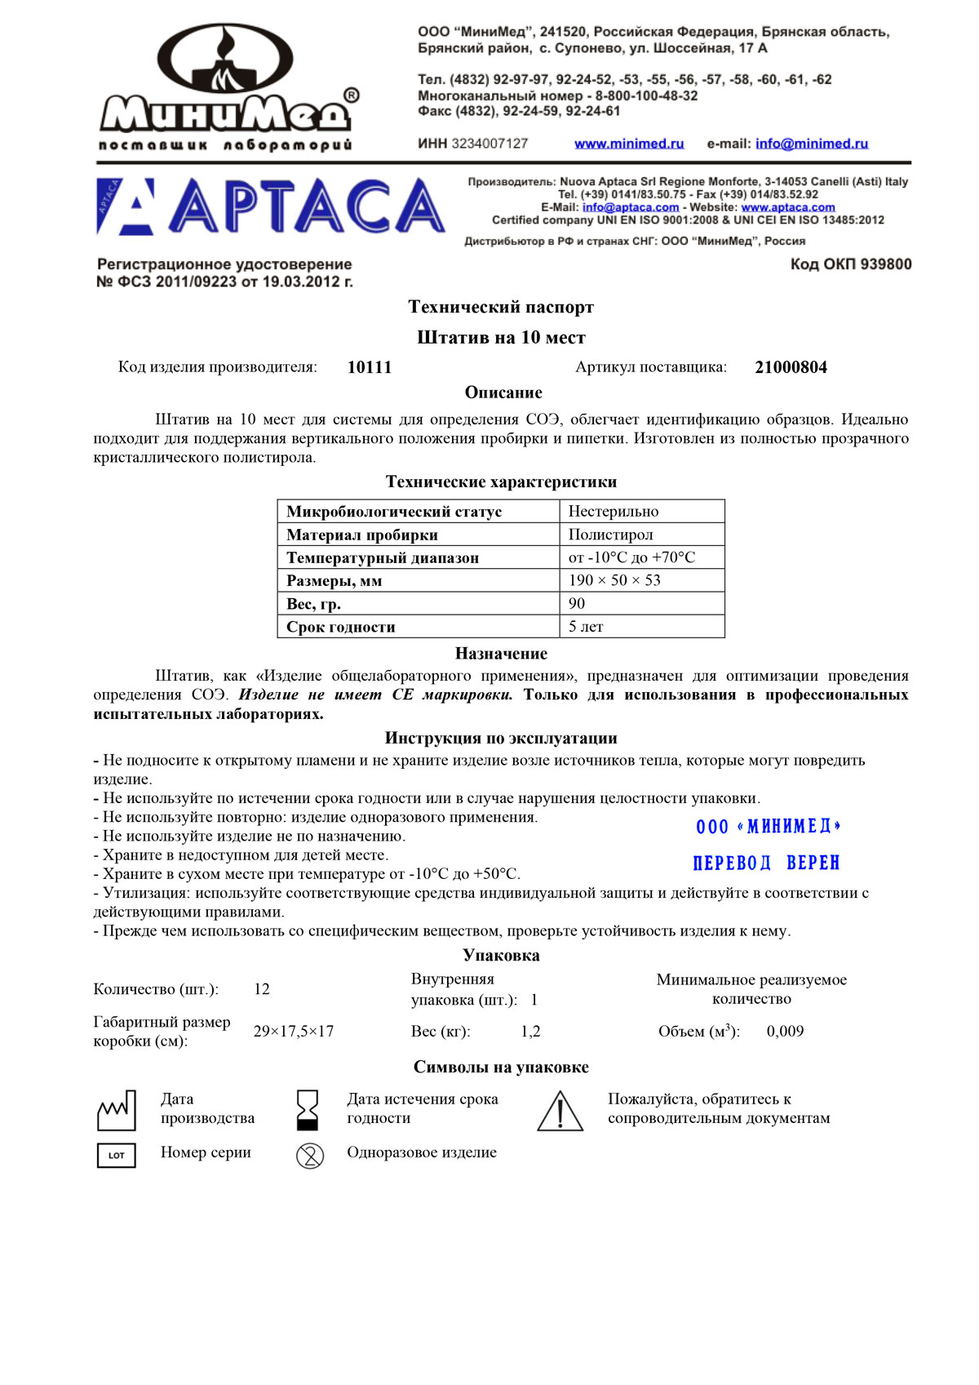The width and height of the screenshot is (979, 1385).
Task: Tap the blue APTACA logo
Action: [271, 206]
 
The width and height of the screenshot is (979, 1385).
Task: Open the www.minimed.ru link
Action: [629, 144]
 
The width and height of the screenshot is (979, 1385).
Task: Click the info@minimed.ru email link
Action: [812, 144]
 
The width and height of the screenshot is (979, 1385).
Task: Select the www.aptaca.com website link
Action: [788, 207]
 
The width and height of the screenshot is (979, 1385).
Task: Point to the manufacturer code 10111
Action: [370, 367]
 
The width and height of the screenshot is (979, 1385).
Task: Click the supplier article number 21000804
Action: [791, 367]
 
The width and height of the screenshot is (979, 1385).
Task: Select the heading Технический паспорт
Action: [501, 308]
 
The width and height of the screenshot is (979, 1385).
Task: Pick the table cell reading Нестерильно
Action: [614, 512]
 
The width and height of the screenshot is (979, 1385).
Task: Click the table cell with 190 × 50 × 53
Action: [615, 580]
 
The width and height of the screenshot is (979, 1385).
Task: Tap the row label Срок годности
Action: [341, 627]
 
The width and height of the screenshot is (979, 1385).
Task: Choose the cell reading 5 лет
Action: [586, 627]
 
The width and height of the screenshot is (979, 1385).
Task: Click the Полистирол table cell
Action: [611, 535]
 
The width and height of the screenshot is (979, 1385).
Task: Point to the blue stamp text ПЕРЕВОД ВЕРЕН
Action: [766, 863]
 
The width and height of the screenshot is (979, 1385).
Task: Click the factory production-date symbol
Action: [116, 1110]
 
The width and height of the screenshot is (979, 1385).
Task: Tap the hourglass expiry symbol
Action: [308, 1110]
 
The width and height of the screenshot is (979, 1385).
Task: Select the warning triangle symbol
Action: [560, 1112]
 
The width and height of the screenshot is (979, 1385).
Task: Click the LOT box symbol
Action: [117, 1155]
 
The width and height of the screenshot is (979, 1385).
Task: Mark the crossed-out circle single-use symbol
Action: [310, 1155]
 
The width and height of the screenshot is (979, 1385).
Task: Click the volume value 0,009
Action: [785, 1032]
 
